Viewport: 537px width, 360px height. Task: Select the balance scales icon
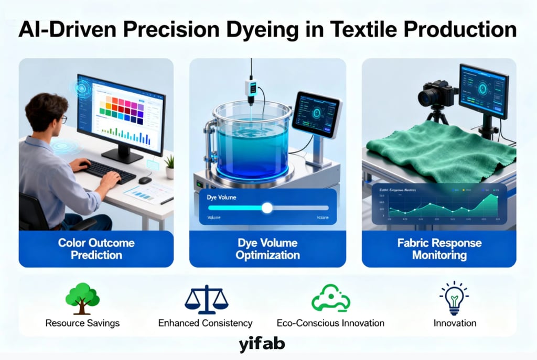pyautogui.click(x=206, y=299)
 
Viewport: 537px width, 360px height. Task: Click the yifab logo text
pyautogui.click(x=262, y=344)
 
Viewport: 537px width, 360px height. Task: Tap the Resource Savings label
pyautogui.click(x=82, y=323)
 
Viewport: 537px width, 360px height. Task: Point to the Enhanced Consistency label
pyautogui.click(x=206, y=323)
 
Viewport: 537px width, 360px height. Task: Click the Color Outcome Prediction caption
pyautogui.click(x=96, y=249)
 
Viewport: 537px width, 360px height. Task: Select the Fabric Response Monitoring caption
pyautogui.click(x=439, y=249)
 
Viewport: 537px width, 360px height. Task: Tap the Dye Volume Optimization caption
pyautogui.click(x=267, y=249)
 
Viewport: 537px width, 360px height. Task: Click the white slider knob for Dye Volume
pyautogui.click(x=267, y=208)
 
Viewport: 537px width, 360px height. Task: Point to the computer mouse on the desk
pyautogui.click(x=145, y=180)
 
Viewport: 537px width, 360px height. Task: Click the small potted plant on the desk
pyautogui.click(x=169, y=166)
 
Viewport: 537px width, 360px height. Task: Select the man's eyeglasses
pyautogui.click(x=62, y=119)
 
